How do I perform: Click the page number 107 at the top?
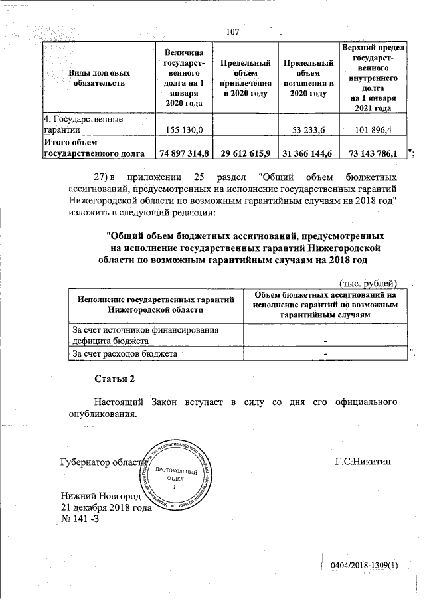coord(232,32)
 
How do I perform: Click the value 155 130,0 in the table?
coord(183,129)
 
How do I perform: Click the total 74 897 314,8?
coord(184,153)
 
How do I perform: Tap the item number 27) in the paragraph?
coord(100,178)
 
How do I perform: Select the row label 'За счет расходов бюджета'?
coord(124,354)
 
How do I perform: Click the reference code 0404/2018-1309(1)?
coord(363,565)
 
